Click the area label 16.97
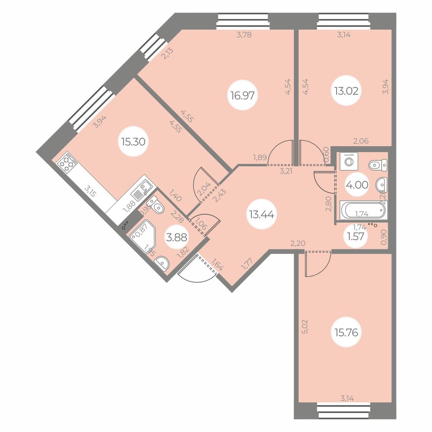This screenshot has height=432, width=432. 242,95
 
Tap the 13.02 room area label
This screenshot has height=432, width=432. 346,92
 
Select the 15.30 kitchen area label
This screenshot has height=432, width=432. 133,141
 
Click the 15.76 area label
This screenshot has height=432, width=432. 346,333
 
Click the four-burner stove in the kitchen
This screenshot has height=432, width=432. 67,164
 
